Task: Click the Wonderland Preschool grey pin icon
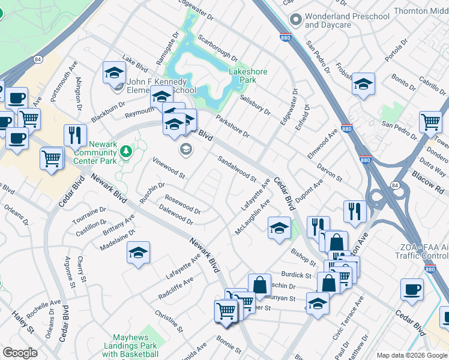click(x=295, y=20)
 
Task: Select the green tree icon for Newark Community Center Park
click(x=126, y=152)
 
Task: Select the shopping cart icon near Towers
click(x=430, y=122)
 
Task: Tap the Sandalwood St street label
click(x=237, y=170)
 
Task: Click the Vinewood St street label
click(x=169, y=168)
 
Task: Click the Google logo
click(x=20, y=353)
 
